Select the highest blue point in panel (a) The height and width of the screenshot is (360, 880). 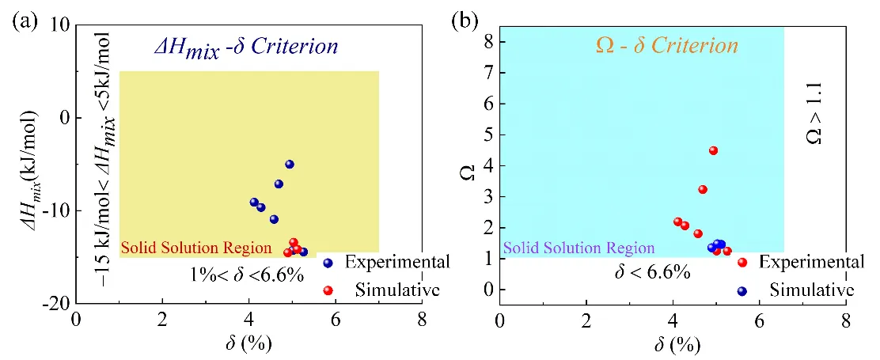(290, 165)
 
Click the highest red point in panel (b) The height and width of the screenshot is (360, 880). (713, 150)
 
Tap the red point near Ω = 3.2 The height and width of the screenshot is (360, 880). (703, 189)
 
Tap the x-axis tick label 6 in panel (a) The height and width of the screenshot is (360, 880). (336, 323)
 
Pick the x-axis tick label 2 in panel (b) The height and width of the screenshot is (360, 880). (586, 323)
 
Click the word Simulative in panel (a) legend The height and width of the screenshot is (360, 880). (388, 290)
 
